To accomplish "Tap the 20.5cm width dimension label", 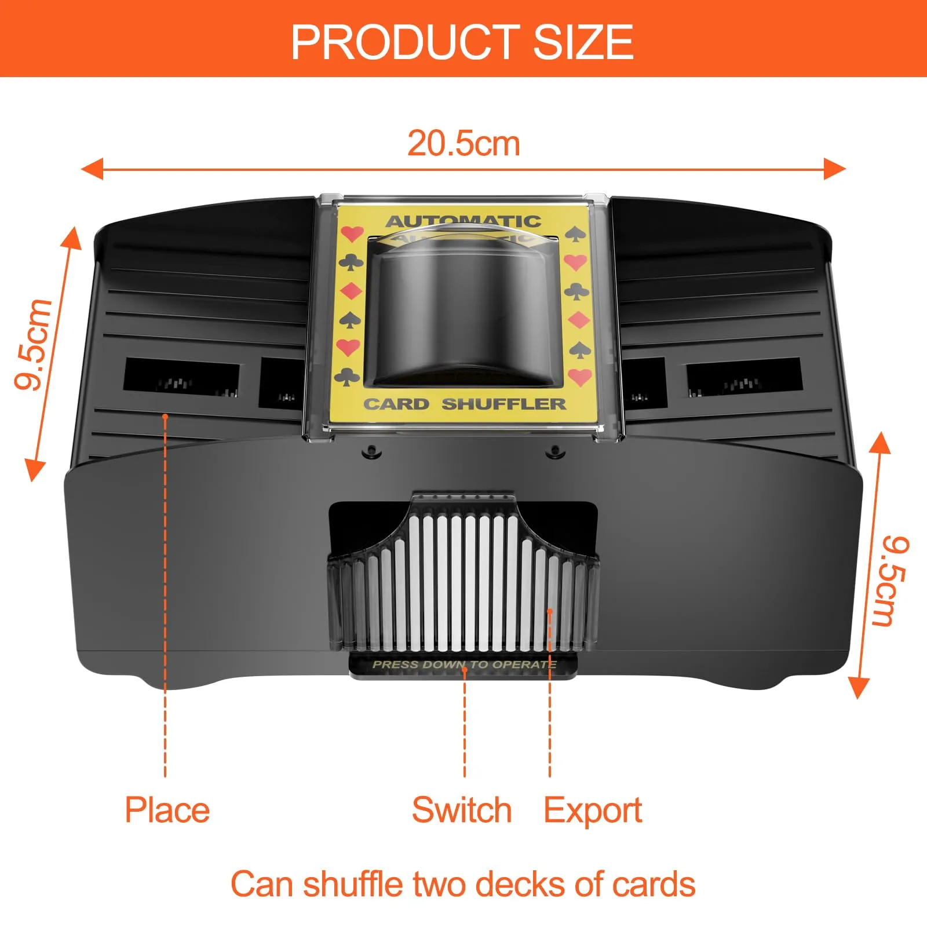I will (x=463, y=143).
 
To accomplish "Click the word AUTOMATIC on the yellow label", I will (x=463, y=221).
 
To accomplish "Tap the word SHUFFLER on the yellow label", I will (x=503, y=404).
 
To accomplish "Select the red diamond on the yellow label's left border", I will (x=351, y=291).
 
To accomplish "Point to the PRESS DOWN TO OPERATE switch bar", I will (x=463, y=665).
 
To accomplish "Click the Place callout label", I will (x=167, y=809).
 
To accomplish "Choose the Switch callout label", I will (x=462, y=809).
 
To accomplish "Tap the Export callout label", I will (x=593, y=809).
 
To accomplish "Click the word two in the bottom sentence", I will (x=441, y=884).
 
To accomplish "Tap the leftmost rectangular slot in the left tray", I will (x=181, y=378).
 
